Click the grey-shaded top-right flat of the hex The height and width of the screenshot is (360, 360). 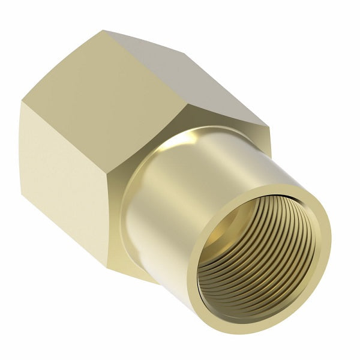pos(198,84)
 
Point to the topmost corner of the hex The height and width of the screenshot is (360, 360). pos(103,31)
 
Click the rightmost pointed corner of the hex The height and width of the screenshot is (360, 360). pos(269,127)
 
